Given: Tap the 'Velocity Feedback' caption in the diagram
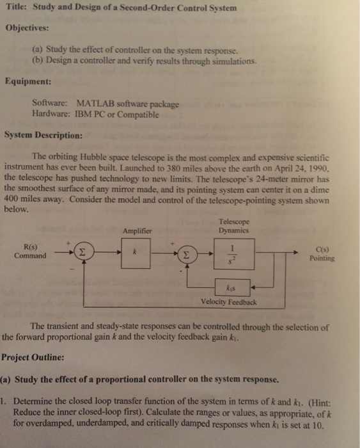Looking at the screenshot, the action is point(228,302).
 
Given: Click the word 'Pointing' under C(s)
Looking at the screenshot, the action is point(322,259).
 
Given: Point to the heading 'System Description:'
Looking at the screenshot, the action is point(43,136).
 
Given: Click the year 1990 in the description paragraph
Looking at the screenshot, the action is point(317,165).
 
